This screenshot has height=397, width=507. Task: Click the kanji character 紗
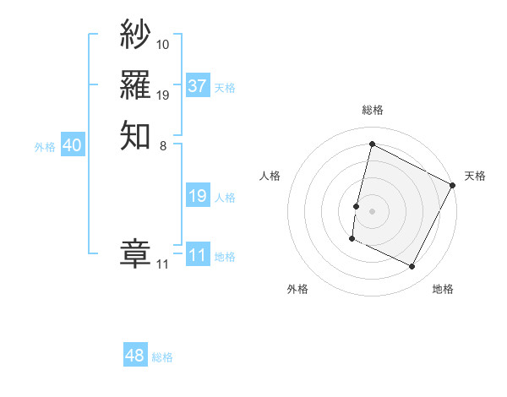(x=135, y=35)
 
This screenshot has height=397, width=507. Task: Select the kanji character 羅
(x=135, y=84)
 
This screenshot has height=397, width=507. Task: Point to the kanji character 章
(x=135, y=253)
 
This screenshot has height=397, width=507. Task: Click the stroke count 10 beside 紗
(x=163, y=44)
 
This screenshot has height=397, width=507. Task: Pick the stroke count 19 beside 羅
(x=163, y=95)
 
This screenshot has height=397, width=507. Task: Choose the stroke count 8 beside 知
(x=163, y=144)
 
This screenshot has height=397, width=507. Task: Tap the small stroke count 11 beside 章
(x=162, y=264)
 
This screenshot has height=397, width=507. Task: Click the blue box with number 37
(x=198, y=86)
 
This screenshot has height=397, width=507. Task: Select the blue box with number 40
(x=73, y=145)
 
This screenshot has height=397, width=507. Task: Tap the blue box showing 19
(x=198, y=196)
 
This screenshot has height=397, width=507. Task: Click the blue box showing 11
(x=198, y=255)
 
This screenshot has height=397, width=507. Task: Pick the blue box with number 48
(x=135, y=356)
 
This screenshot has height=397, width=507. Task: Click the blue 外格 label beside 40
(x=45, y=147)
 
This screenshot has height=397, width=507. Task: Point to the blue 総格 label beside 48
(x=162, y=357)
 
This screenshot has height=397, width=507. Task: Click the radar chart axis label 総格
(x=373, y=110)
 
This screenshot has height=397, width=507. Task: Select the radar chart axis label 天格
(x=475, y=176)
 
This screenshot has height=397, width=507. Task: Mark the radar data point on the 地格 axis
(x=412, y=267)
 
